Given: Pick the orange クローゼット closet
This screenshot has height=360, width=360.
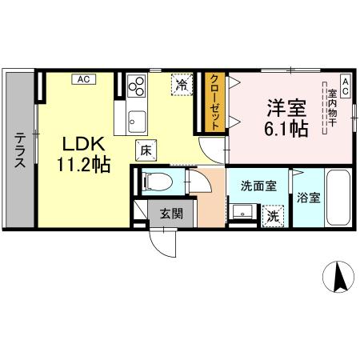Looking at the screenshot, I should click(215, 102).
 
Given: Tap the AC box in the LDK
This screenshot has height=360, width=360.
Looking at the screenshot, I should click(84, 78).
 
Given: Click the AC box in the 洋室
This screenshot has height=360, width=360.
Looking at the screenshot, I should click(344, 84).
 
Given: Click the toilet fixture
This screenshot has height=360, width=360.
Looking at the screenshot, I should click(154, 182).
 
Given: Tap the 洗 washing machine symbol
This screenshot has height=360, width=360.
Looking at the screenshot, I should click(273, 215).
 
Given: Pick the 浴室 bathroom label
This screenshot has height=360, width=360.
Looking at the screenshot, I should click(308, 197).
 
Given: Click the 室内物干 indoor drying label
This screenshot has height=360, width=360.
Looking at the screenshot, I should click(331, 111).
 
